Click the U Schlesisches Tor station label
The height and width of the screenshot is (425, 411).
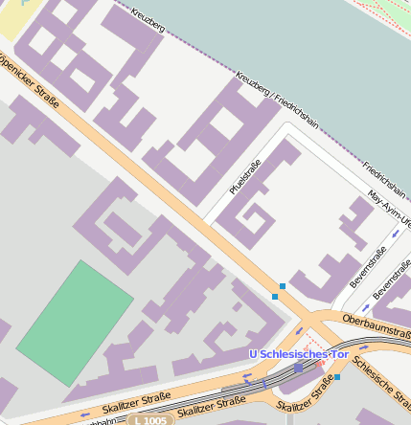298,355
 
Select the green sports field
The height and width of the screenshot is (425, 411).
75,323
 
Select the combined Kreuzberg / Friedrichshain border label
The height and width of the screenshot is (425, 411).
278,101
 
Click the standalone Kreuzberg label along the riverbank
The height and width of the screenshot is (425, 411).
148,20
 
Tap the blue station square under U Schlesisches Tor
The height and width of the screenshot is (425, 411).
299,368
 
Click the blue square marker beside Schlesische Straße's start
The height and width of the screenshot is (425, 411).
337,377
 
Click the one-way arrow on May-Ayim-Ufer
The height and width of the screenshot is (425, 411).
396,234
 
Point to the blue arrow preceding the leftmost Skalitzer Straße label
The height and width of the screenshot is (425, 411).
85,414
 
